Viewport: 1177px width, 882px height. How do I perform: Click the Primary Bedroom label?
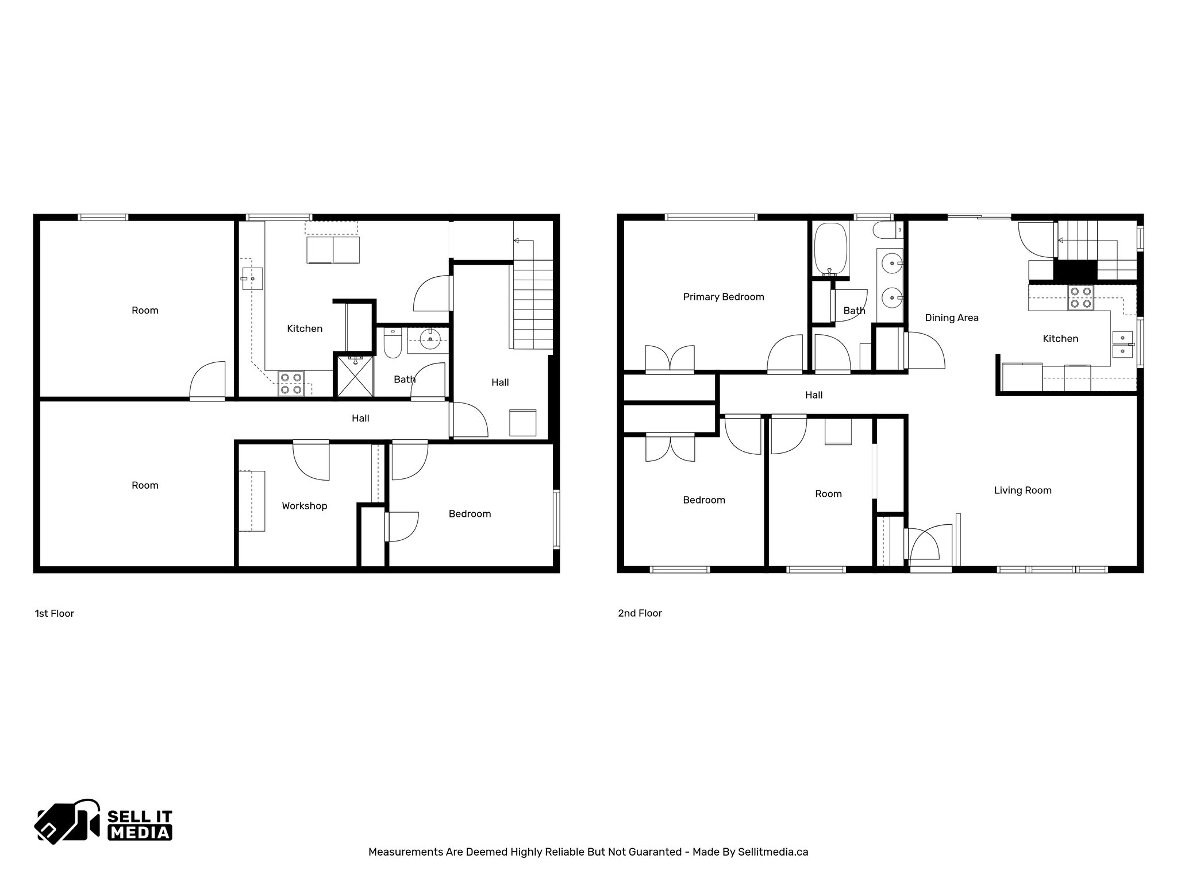[723, 297]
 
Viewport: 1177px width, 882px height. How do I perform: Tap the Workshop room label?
[304, 506]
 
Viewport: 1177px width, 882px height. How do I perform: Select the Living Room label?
[1022, 490]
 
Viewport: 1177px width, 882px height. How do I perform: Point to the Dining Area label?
[951, 318]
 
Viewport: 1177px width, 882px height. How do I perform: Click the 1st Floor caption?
[55, 613]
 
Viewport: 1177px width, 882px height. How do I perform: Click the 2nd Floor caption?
[640, 613]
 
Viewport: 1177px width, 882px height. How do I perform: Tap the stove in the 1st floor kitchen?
[291, 384]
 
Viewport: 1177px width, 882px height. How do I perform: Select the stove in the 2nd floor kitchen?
[1080, 297]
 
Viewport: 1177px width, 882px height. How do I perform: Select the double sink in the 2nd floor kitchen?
[1122, 344]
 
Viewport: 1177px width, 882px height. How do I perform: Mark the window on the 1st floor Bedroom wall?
[556, 519]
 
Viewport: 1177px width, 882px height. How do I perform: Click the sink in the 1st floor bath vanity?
[429, 338]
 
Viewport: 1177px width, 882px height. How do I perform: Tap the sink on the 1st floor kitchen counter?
[252, 278]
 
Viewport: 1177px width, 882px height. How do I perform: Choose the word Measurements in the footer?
[406, 852]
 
